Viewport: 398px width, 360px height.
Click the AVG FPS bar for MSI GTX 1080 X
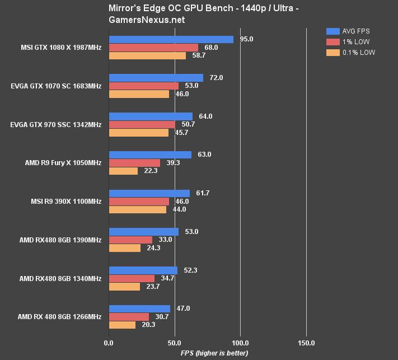[171, 39]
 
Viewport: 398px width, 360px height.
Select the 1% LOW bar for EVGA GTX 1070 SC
[144, 86]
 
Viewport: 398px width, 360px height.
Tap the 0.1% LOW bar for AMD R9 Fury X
[123, 171]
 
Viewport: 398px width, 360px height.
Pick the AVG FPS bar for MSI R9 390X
[149, 193]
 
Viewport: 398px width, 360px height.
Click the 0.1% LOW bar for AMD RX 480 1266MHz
[122, 325]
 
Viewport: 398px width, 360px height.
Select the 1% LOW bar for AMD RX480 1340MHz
[132, 278]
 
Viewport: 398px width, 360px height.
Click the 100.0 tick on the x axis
[240, 343]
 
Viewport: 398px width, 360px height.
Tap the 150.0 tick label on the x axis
[306, 343]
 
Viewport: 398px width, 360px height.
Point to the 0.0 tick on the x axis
[109, 343]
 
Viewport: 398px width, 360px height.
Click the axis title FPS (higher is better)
[214, 353]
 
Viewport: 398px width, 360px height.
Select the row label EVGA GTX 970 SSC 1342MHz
[56, 124]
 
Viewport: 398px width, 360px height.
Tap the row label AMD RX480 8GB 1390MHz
[60, 240]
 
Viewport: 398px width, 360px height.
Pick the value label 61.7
[200, 193]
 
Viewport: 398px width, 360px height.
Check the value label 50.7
[188, 124]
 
